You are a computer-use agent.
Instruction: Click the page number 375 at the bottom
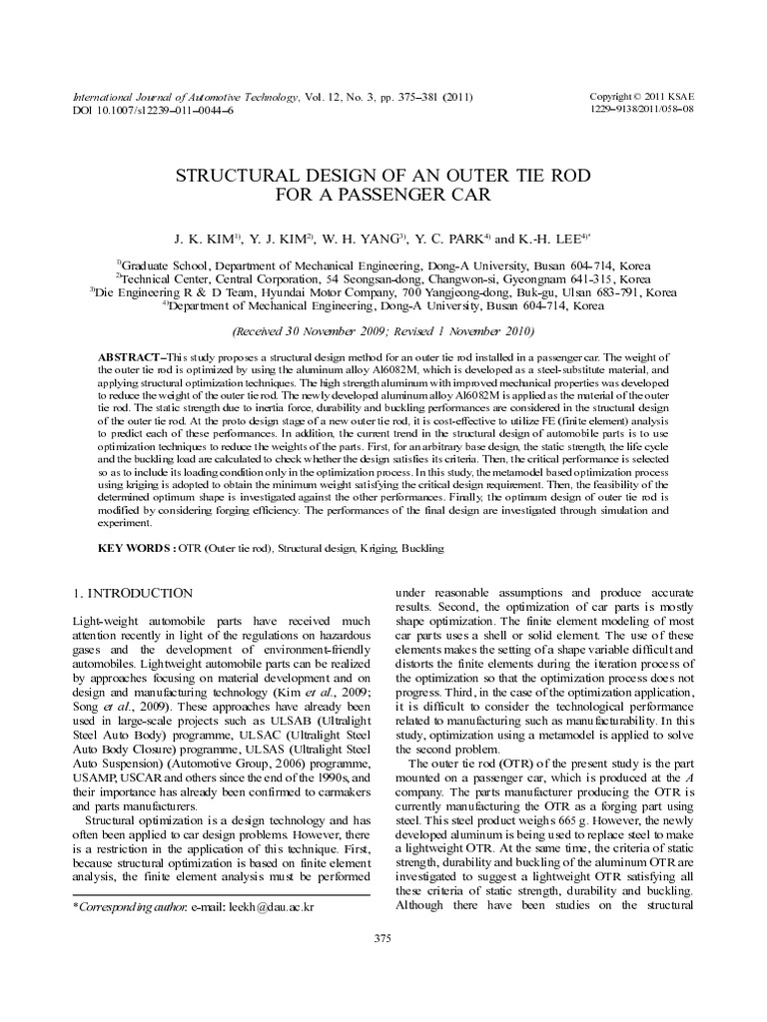383,939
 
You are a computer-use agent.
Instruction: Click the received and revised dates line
383,330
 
